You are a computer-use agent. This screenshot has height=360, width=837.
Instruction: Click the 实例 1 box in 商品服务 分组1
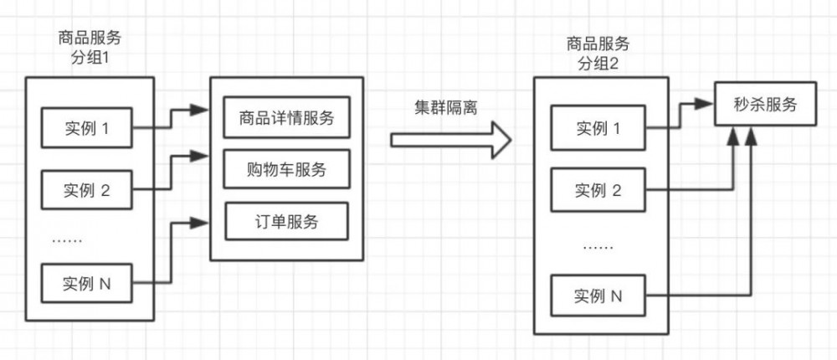[x=87, y=129]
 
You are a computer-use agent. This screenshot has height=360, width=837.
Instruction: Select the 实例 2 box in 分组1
[x=87, y=189]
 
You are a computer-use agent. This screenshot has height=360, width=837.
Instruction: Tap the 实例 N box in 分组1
[x=87, y=284]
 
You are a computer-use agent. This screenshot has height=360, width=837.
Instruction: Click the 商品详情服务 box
[x=285, y=118]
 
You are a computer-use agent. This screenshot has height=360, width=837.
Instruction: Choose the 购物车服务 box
[x=285, y=170]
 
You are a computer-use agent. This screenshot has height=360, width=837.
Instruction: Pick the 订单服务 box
[x=285, y=222]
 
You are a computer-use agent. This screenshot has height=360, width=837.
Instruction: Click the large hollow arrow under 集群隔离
[x=451, y=139]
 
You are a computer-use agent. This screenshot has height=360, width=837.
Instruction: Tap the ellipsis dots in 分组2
[x=598, y=247]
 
